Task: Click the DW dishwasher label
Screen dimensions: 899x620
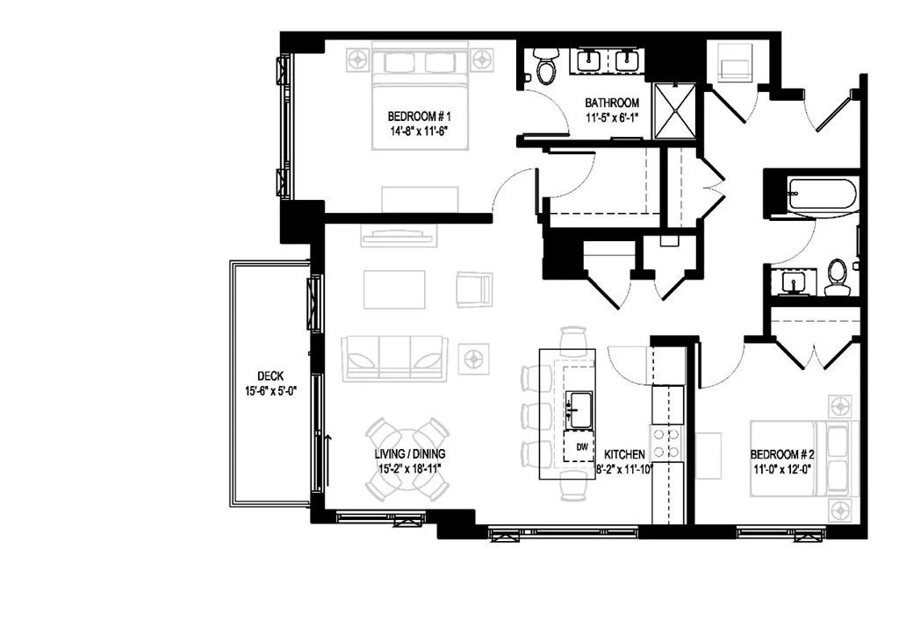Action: (582, 447)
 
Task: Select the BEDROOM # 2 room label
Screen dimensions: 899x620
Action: (782, 454)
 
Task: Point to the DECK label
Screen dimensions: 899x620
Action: (270, 376)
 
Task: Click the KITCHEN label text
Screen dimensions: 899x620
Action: (624, 454)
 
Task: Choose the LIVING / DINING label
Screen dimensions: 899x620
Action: (409, 454)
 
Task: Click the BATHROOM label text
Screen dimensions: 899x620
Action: (612, 103)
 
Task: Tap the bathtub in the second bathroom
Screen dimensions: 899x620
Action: (822, 195)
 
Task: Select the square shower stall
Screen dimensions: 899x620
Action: (674, 111)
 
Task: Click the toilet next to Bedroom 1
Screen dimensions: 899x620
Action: (545, 65)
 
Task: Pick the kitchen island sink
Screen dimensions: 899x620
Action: (579, 410)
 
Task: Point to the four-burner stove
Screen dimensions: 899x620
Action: (667, 443)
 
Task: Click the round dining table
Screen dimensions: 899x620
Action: (407, 459)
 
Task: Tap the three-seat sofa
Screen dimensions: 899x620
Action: (394, 359)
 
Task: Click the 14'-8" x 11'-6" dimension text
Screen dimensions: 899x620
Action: (418, 131)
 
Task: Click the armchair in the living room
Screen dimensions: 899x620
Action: (474, 289)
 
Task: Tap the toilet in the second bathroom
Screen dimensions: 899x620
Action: (838, 276)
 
